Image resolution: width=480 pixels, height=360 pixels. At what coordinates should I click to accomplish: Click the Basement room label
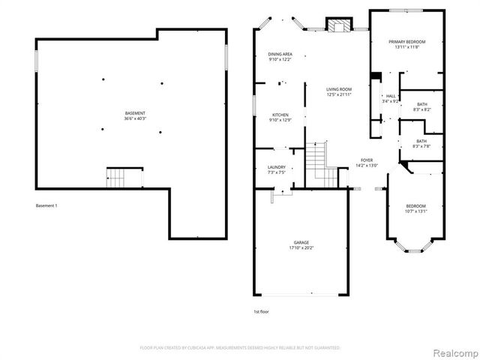tap(135, 112)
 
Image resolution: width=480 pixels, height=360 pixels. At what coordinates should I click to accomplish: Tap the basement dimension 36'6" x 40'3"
tap(135, 118)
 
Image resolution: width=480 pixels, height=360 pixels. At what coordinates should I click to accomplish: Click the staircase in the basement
tap(115, 178)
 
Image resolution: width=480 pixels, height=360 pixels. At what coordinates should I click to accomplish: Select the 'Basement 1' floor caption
tap(46, 206)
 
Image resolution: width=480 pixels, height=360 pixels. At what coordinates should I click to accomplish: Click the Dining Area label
tap(280, 54)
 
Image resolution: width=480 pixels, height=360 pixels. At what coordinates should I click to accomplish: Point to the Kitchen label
tap(280, 115)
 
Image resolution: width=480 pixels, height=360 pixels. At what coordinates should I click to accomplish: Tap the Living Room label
tap(339, 89)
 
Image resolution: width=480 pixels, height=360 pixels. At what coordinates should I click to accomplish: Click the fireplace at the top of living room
tap(337, 25)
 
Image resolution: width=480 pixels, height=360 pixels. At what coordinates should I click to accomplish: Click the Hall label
tap(390, 96)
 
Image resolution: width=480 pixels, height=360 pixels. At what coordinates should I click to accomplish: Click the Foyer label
tap(367, 160)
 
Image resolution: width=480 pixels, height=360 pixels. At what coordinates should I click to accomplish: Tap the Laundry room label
tap(276, 167)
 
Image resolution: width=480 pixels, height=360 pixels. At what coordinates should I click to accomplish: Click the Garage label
tap(301, 242)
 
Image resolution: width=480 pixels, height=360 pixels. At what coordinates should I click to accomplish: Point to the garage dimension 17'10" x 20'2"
tap(301, 248)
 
